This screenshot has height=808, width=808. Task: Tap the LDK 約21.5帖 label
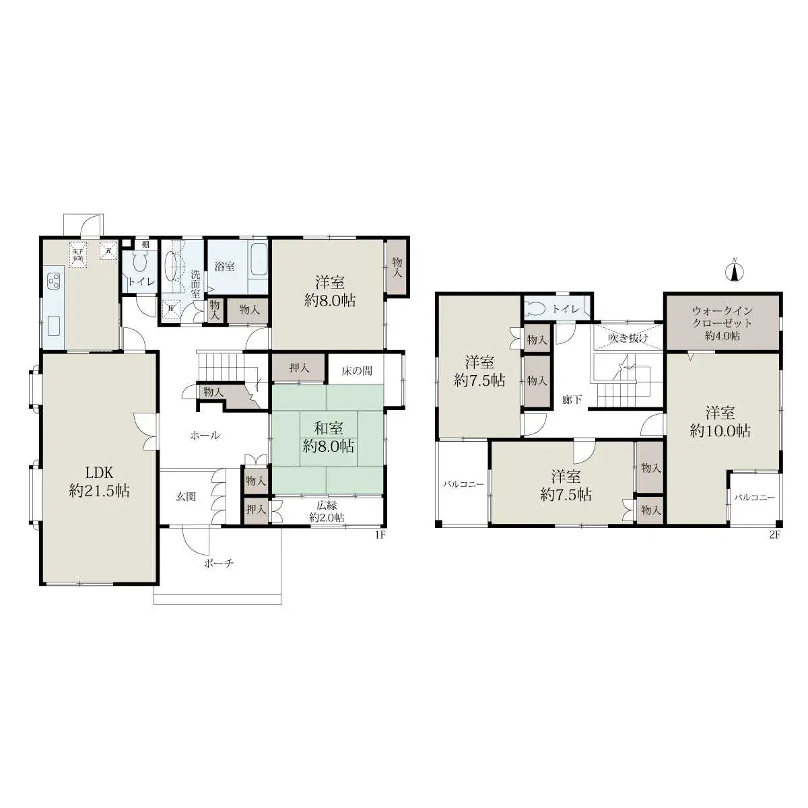[99, 481]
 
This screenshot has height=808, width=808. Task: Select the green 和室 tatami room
[328, 436]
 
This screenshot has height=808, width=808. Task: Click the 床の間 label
[356, 371]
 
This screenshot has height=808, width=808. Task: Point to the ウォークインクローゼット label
[722, 323]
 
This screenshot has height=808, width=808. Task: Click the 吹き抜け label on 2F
[628, 338]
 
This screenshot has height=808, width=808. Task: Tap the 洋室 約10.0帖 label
[720, 422]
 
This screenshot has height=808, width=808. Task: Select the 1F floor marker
[379, 535]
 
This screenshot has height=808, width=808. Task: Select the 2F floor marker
[774, 535]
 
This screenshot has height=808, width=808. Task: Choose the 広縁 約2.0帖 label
[327, 511]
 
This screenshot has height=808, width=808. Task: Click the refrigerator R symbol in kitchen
[108, 251]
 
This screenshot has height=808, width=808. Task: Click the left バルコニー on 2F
[463, 483]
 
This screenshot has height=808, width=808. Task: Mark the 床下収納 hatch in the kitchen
[77, 255]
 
